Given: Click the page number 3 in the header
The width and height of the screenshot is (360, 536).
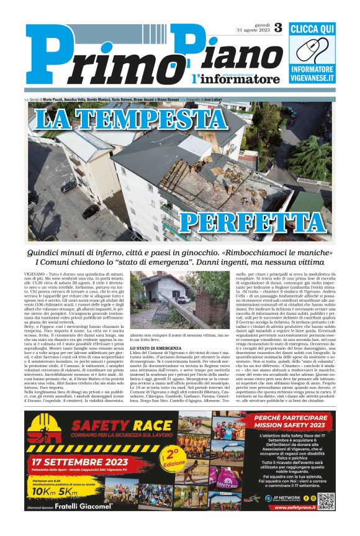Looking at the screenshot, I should pos(277,28).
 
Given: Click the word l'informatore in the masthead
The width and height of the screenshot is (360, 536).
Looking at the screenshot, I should pos(235,79).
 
